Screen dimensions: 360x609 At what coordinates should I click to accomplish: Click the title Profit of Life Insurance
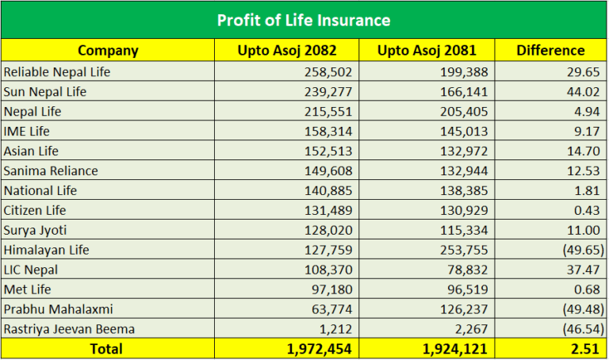point(304,20)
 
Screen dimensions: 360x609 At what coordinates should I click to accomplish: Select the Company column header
point(108,51)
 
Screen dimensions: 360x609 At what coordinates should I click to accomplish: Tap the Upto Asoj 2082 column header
point(287,51)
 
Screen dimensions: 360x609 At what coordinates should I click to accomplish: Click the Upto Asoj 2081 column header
point(427,51)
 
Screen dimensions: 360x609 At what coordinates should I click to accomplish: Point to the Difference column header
point(550,51)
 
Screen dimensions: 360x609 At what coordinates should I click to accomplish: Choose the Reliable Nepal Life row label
point(57,72)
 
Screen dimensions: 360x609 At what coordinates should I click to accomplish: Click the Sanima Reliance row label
point(51,171)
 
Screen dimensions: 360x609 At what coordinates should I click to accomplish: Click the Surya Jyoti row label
point(35,231)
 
